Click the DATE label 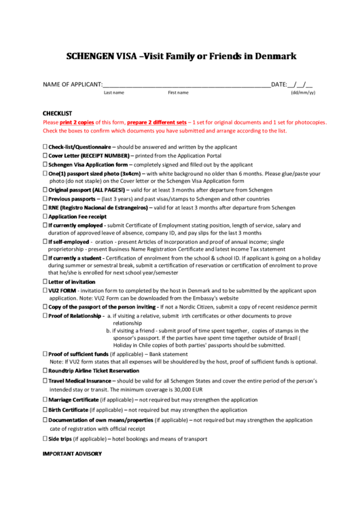tap(278, 85)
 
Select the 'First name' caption tap(178, 92)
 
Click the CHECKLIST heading tap(57, 113)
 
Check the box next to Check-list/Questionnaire tap(45, 147)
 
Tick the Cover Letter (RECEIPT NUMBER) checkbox tap(45, 156)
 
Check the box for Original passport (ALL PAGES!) tap(45, 190)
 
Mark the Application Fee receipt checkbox tap(45, 216)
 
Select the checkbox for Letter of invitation tap(45, 281)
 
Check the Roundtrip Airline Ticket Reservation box tap(45, 371)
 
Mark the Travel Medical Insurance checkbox tap(45, 381)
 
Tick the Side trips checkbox tap(45, 439)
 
